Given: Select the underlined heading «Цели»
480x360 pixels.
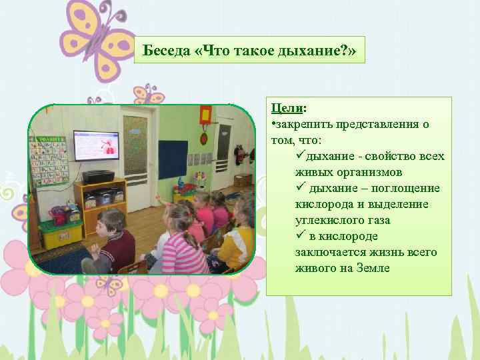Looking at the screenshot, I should pyautogui.click(x=284, y=109).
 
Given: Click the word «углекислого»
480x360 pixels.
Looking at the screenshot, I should pyautogui.click(x=327, y=221).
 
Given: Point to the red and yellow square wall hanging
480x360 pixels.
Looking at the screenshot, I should pyautogui.click(x=205, y=113).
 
